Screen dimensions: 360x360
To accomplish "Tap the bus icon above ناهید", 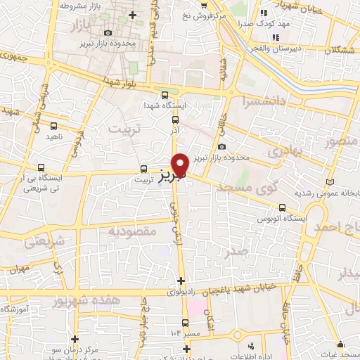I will (x=53, y=126).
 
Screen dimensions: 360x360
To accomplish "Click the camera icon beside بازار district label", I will (x=108, y=33).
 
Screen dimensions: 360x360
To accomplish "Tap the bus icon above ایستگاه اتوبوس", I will (x=283, y=207).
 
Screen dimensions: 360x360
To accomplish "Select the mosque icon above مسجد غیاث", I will (x=342, y=344).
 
